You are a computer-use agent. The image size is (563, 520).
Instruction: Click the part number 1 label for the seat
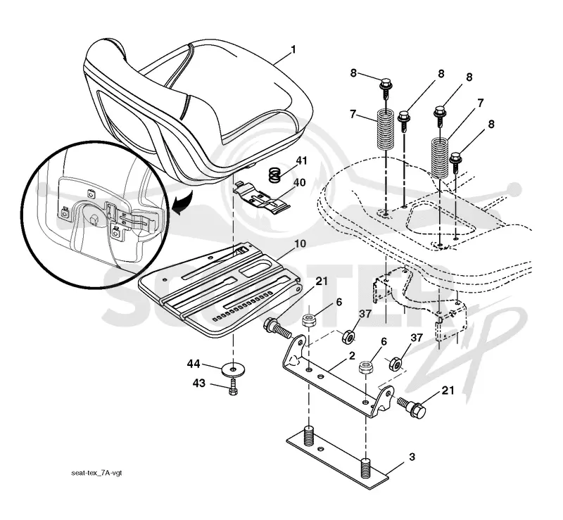pos(293,49)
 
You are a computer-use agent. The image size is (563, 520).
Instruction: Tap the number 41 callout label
pos(301,160)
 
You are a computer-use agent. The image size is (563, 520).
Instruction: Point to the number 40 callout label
pos(299,182)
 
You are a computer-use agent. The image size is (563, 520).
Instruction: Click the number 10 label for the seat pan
pos(300,243)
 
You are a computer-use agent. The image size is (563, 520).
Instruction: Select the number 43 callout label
pos(199,383)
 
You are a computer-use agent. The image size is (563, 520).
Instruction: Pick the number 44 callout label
pos(193,364)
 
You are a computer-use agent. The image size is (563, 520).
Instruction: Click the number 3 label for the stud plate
pos(412,457)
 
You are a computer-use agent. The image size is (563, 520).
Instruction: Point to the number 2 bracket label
pos(352,355)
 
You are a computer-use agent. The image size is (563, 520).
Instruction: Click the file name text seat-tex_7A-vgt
pos(96,473)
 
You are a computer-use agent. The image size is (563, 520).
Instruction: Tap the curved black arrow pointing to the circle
pos(182,203)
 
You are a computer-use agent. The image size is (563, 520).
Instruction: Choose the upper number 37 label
pos(365,314)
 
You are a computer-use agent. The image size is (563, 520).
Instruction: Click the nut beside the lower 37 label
pos(396,364)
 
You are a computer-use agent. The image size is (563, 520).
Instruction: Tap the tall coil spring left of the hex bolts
pos(385,132)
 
